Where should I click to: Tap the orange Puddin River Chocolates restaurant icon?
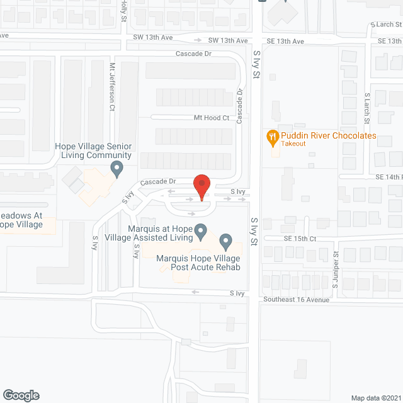point(272,136)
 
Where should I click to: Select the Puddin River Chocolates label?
point(329,135)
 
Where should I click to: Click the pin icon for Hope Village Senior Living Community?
point(116,168)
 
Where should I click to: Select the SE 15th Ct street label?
point(299,239)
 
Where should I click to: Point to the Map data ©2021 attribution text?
point(375,397)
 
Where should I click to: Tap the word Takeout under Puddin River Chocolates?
point(293,144)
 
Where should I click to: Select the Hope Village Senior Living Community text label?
point(93,150)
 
